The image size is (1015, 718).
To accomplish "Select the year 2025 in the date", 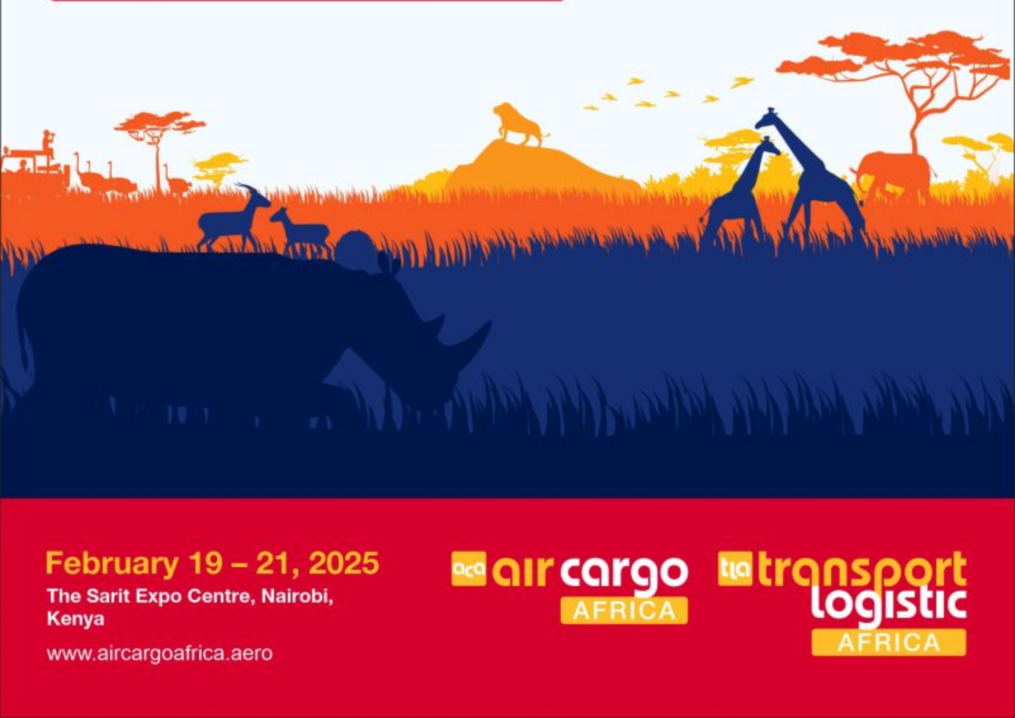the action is coord(343,563).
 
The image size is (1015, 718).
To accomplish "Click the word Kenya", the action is coord(76,619).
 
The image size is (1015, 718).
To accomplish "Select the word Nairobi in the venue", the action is coord(297,597).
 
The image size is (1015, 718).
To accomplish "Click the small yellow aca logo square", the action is coord(469,569).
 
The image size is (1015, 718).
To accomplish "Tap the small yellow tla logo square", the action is coord(735,569).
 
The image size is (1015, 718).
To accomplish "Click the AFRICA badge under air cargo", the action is coord(624,610).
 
